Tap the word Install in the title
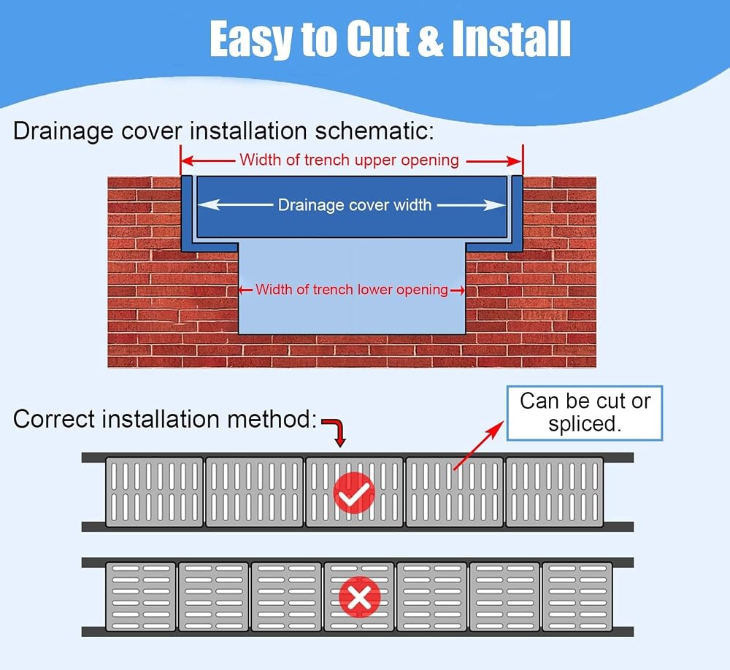tap(511, 39)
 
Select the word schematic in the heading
tap(374, 131)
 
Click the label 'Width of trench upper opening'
tap(349, 160)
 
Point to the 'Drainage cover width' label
tap(355, 205)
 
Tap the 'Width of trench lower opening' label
tap(352, 290)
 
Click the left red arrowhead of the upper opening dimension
tap(186, 161)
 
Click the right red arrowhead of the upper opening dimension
tap(516, 161)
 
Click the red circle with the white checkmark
tap(354, 493)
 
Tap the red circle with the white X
tap(359, 597)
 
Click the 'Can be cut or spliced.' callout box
tap(584, 413)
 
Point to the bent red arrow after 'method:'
tap(335, 429)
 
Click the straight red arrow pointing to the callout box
tap(479, 445)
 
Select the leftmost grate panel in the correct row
tap(155, 492)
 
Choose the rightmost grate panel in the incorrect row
tap(577, 597)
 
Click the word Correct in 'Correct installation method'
tap(53, 419)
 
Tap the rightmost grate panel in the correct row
tap(555, 492)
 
